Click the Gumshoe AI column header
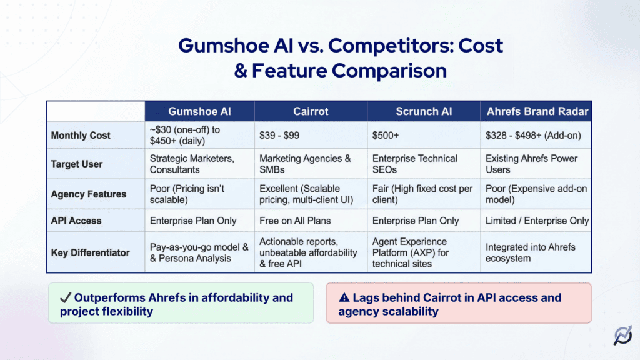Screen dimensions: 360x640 tap(199, 111)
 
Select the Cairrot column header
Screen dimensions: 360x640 tap(311, 111)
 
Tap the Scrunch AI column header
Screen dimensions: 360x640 tap(424, 111)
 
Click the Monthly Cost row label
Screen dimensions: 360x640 tap(81, 136)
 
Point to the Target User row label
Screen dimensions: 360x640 tap(77, 164)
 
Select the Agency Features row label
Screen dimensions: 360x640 tap(89, 194)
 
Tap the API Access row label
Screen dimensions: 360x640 tap(76, 221)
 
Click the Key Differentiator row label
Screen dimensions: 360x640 tap(91, 252)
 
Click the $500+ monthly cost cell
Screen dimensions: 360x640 tap(386, 136)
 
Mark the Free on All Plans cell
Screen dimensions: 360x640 tap(295, 221)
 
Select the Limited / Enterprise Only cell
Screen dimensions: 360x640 tap(537, 221)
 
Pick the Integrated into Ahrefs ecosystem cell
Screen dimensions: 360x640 tap(531, 252)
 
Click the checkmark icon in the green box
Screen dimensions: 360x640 tap(66, 298)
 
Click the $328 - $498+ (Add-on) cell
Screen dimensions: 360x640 tap(529, 136)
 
